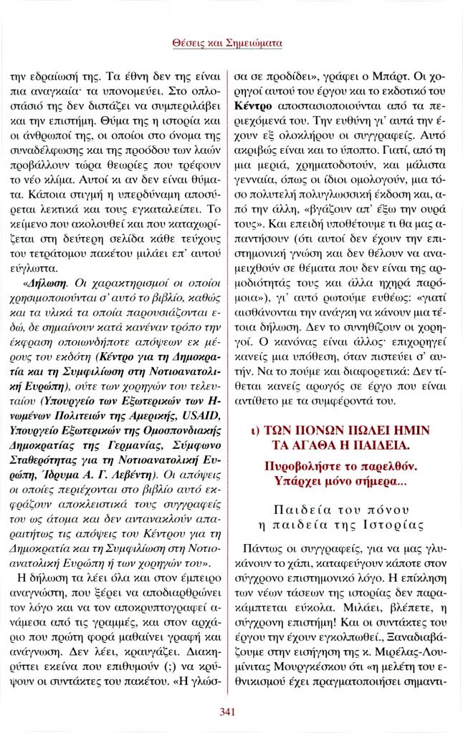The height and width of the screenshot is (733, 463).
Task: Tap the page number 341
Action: point(231,711)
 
